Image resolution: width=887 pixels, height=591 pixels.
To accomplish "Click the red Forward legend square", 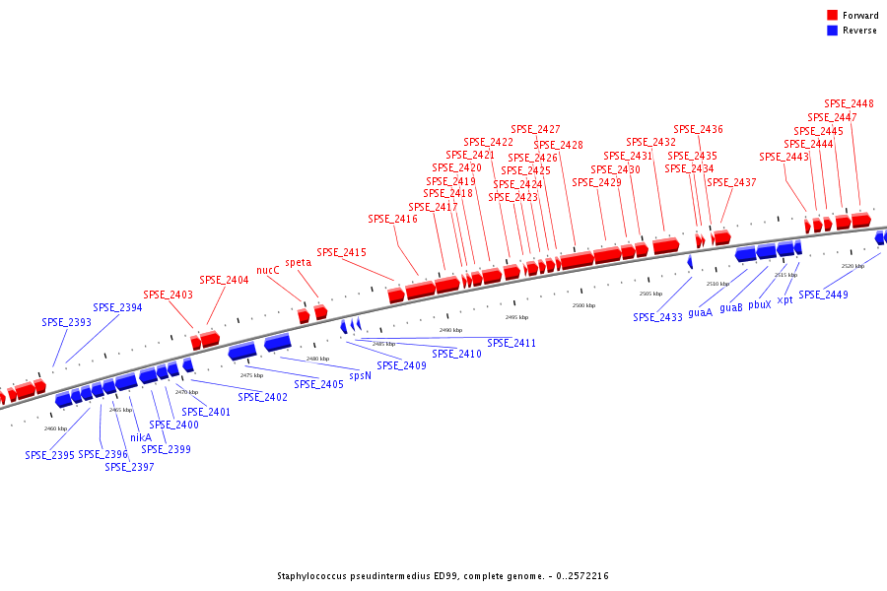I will pos(832,15).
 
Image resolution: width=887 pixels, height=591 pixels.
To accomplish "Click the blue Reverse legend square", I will pos(832,31).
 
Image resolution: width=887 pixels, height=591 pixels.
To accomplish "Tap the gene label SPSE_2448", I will pos(849,103).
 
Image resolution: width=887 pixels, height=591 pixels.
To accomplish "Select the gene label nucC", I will pos(268,270).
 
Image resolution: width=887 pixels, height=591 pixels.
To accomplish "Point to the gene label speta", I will pos(298,262).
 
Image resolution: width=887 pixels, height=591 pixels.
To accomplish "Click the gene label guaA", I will pos(700,312).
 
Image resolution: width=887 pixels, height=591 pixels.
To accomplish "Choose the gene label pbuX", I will pos(759,305).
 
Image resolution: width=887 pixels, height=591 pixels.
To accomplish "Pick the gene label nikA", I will pos(141,437).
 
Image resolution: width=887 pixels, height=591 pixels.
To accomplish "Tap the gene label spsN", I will pos(361,375).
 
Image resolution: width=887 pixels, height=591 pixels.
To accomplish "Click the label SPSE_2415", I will pos(341,252).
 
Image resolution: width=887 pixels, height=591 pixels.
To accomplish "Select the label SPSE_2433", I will pos(657,317).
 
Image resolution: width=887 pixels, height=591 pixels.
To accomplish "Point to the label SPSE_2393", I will pos(66,322).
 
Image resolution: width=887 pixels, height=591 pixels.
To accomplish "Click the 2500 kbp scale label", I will pos(583,305).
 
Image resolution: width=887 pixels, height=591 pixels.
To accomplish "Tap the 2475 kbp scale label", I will pos(251,375).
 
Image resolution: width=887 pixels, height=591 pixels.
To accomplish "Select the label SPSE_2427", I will pos(535,129).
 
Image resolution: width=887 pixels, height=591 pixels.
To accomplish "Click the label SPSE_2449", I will pos(823,295).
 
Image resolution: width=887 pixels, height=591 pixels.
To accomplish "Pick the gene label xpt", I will pos(785,299).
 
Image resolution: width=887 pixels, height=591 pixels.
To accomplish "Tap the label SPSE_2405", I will pos(318,384).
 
